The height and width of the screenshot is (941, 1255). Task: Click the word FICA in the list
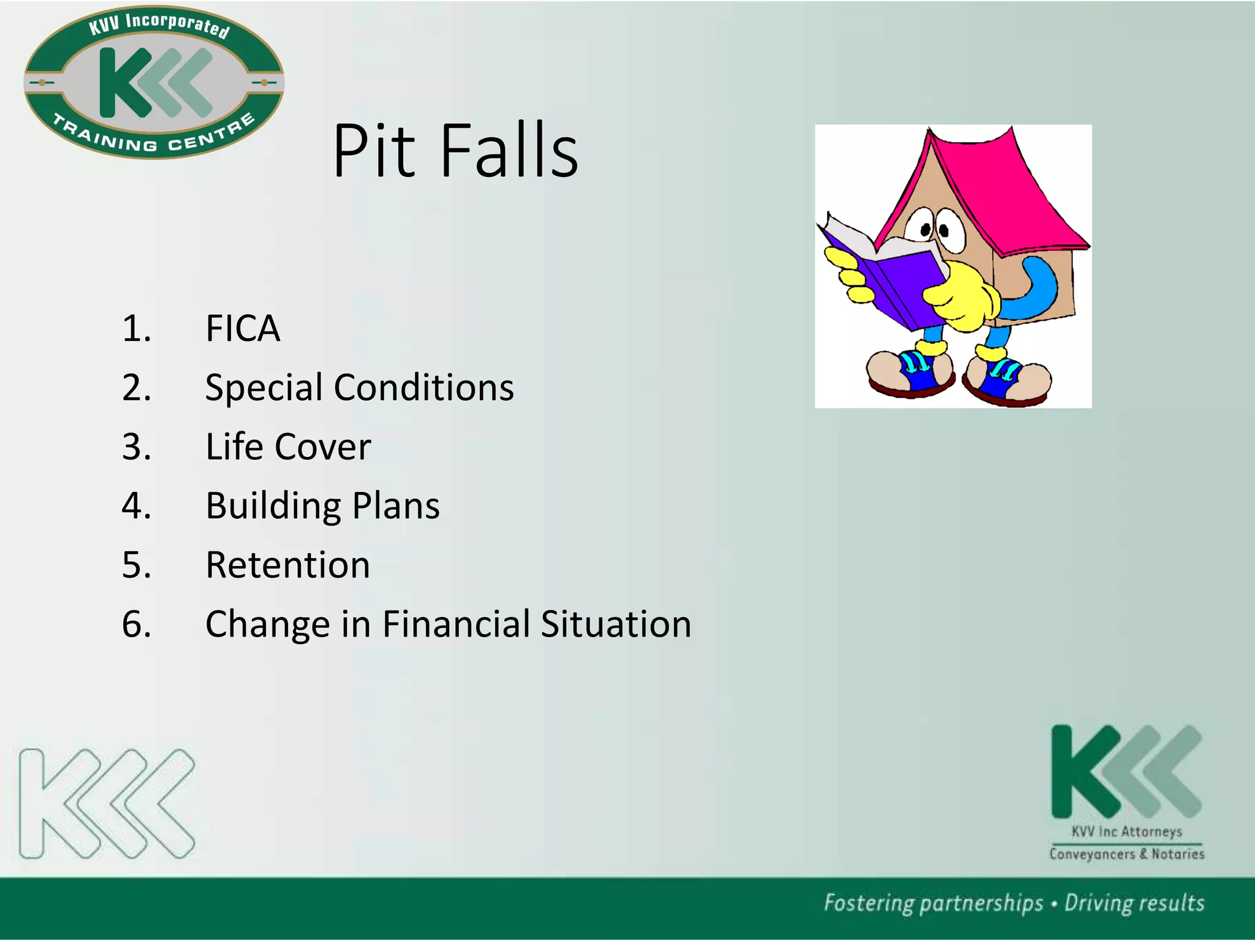[x=243, y=328]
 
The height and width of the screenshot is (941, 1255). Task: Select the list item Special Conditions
[x=359, y=388]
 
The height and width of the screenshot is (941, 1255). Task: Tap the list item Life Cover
[x=288, y=447]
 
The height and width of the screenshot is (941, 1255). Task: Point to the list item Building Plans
[x=322, y=506]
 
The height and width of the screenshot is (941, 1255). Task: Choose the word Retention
[x=288, y=565]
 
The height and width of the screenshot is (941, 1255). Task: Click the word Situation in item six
[x=616, y=624]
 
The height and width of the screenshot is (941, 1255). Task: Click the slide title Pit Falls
[x=455, y=151]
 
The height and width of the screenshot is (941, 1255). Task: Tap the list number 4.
[x=136, y=506]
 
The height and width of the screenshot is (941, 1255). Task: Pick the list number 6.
[x=136, y=624]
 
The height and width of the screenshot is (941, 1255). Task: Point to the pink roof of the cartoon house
[x=1005, y=184]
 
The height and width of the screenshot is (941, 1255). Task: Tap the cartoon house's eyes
[x=935, y=227]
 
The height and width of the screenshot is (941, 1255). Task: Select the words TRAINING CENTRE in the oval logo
[x=154, y=138]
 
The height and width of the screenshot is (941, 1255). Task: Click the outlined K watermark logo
[x=107, y=803]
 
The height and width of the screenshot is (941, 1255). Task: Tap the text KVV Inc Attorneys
[x=1126, y=832]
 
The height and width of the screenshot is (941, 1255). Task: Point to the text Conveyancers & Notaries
[x=1126, y=854]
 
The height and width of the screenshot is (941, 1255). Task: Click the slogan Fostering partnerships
[x=933, y=904]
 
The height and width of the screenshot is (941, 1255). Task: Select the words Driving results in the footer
[x=1134, y=904]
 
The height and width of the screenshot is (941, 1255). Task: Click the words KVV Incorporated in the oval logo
[x=159, y=25]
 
